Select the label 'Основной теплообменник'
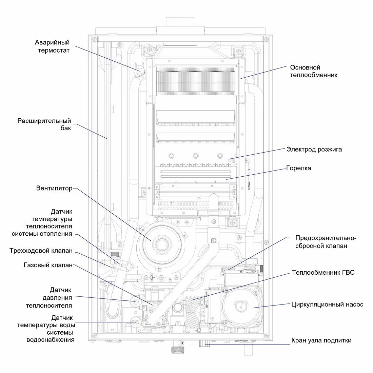click(314, 71)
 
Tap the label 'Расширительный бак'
click(44, 124)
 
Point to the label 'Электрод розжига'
click(314, 149)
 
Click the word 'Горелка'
click(298, 168)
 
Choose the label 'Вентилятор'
click(54, 188)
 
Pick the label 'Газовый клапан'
click(48, 265)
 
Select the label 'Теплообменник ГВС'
click(323, 272)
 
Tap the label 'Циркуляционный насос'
click(327, 304)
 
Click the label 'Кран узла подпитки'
click(321, 340)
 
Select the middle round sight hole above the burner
click(196, 156)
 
